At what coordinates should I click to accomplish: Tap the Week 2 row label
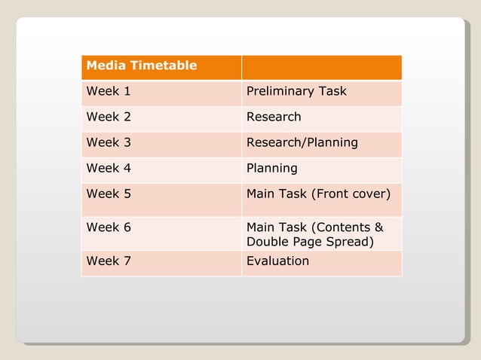[109, 117]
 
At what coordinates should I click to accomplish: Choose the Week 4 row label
[109, 168]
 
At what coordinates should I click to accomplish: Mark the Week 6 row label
[109, 227]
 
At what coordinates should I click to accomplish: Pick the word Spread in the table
[351, 243]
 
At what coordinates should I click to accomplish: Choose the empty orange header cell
[321, 66]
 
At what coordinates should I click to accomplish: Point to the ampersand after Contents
[378, 227]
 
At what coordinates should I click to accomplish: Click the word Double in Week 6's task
[266, 243]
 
